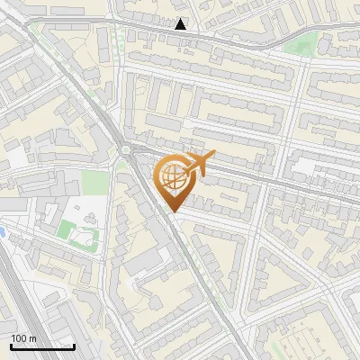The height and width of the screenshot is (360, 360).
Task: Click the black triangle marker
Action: pyautogui.click(x=182, y=24)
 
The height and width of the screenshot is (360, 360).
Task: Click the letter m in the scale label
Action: pyautogui.click(x=32, y=338)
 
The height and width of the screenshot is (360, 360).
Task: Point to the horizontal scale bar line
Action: pyautogui.click(x=42, y=347)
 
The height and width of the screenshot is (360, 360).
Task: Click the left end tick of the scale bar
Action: pyautogui.click(x=11, y=346)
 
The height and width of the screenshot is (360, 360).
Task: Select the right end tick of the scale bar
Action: pyautogui.click(x=74, y=346)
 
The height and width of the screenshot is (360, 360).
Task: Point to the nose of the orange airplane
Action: pyautogui.click(x=213, y=158)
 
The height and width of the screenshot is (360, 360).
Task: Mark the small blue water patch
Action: pyautogui.click(x=3, y=232)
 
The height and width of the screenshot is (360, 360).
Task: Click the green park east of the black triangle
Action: pyautogui.click(x=300, y=47)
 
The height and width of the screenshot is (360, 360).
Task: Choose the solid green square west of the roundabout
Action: pyautogui.click(x=94, y=183)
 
